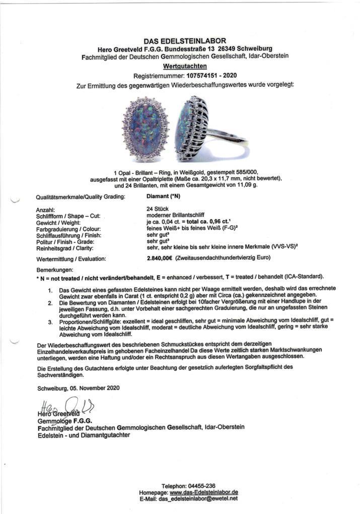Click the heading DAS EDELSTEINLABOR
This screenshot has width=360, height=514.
(x=184, y=40)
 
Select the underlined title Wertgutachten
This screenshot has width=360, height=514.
(x=184, y=66)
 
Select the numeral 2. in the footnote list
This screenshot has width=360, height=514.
(x=50, y=304)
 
